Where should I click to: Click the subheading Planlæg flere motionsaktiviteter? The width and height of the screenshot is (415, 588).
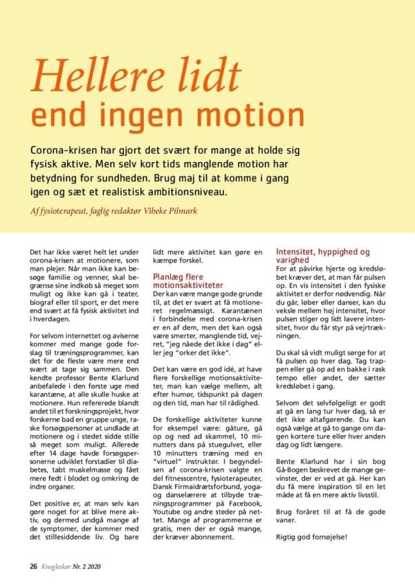point(187,280)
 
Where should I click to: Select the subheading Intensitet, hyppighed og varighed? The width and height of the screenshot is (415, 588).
point(323,256)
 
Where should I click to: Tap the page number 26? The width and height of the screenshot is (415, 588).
point(32,566)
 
